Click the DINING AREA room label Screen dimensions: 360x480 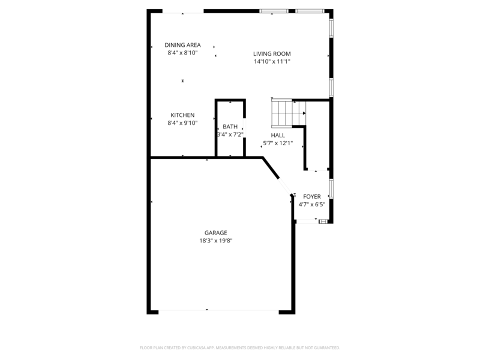click(182, 45)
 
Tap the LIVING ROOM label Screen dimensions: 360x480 click(272, 53)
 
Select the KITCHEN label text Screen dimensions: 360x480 click(182, 115)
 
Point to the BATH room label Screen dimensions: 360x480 click(230, 127)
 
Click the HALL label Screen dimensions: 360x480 click(278, 136)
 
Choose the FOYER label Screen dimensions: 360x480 click(311, 197)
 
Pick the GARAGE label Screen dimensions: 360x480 click(215, 233)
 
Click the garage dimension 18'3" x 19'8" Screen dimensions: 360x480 click(215, 241)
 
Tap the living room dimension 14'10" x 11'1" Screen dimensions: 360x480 click(272, 61)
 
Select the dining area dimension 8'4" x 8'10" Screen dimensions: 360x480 click(182, 53)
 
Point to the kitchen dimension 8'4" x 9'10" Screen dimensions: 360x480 click(182, 123)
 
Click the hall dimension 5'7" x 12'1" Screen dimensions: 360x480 click(278, 143)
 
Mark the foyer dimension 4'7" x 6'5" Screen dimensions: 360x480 click(311, 205)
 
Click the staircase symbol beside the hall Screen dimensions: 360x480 click(285, 112)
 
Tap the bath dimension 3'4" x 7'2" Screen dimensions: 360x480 click(230, 134)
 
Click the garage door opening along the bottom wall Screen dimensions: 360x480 click(219, 311)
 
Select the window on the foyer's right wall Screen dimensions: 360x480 click(331, 187)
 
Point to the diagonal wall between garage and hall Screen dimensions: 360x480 click(271, 169)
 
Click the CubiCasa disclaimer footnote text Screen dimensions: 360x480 click(240, 347)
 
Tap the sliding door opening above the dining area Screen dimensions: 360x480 click(183, 11)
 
